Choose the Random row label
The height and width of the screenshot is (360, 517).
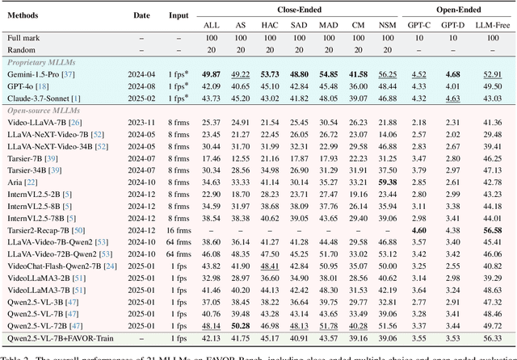tap(23, 49)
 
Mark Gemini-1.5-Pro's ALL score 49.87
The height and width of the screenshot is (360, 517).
tap(211, 73)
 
